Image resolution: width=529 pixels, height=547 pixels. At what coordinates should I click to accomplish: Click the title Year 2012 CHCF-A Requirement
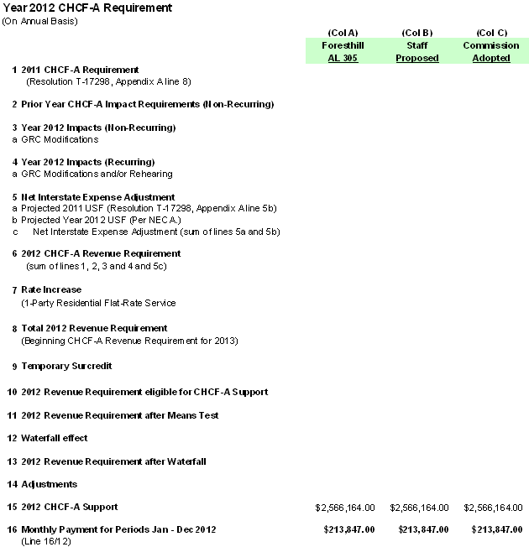coord(87,8)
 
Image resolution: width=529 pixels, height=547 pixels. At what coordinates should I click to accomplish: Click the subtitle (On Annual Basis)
coord(39,20)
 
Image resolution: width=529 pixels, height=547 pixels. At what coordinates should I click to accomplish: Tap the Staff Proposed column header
coord(417,52)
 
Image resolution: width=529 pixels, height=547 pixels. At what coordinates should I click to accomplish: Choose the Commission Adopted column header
coord(491,52)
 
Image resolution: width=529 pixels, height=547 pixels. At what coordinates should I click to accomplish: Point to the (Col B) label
coord(417,33)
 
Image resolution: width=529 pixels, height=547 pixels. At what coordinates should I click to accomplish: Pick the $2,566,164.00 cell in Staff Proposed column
coord(419,508)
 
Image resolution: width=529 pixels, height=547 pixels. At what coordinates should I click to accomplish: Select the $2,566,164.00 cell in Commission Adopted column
coord(493,508)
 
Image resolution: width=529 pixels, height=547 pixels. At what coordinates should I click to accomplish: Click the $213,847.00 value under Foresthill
coord(349,530)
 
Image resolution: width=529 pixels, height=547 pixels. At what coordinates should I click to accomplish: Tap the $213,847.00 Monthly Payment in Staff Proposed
coord(423,530)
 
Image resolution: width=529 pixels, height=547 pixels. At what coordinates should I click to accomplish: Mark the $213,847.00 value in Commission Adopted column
coord(497,530)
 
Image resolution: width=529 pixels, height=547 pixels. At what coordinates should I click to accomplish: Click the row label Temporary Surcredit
coord(66,367)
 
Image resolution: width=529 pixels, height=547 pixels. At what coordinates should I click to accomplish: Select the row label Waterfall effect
coord(54,438)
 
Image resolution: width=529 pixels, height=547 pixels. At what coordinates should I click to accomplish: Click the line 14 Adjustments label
coord(49,484)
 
